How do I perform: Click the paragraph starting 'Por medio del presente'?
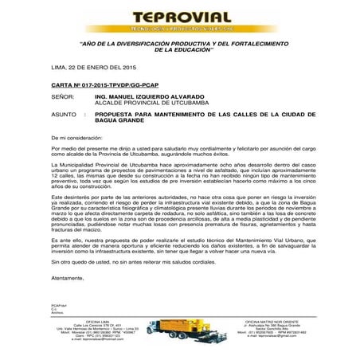179,151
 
